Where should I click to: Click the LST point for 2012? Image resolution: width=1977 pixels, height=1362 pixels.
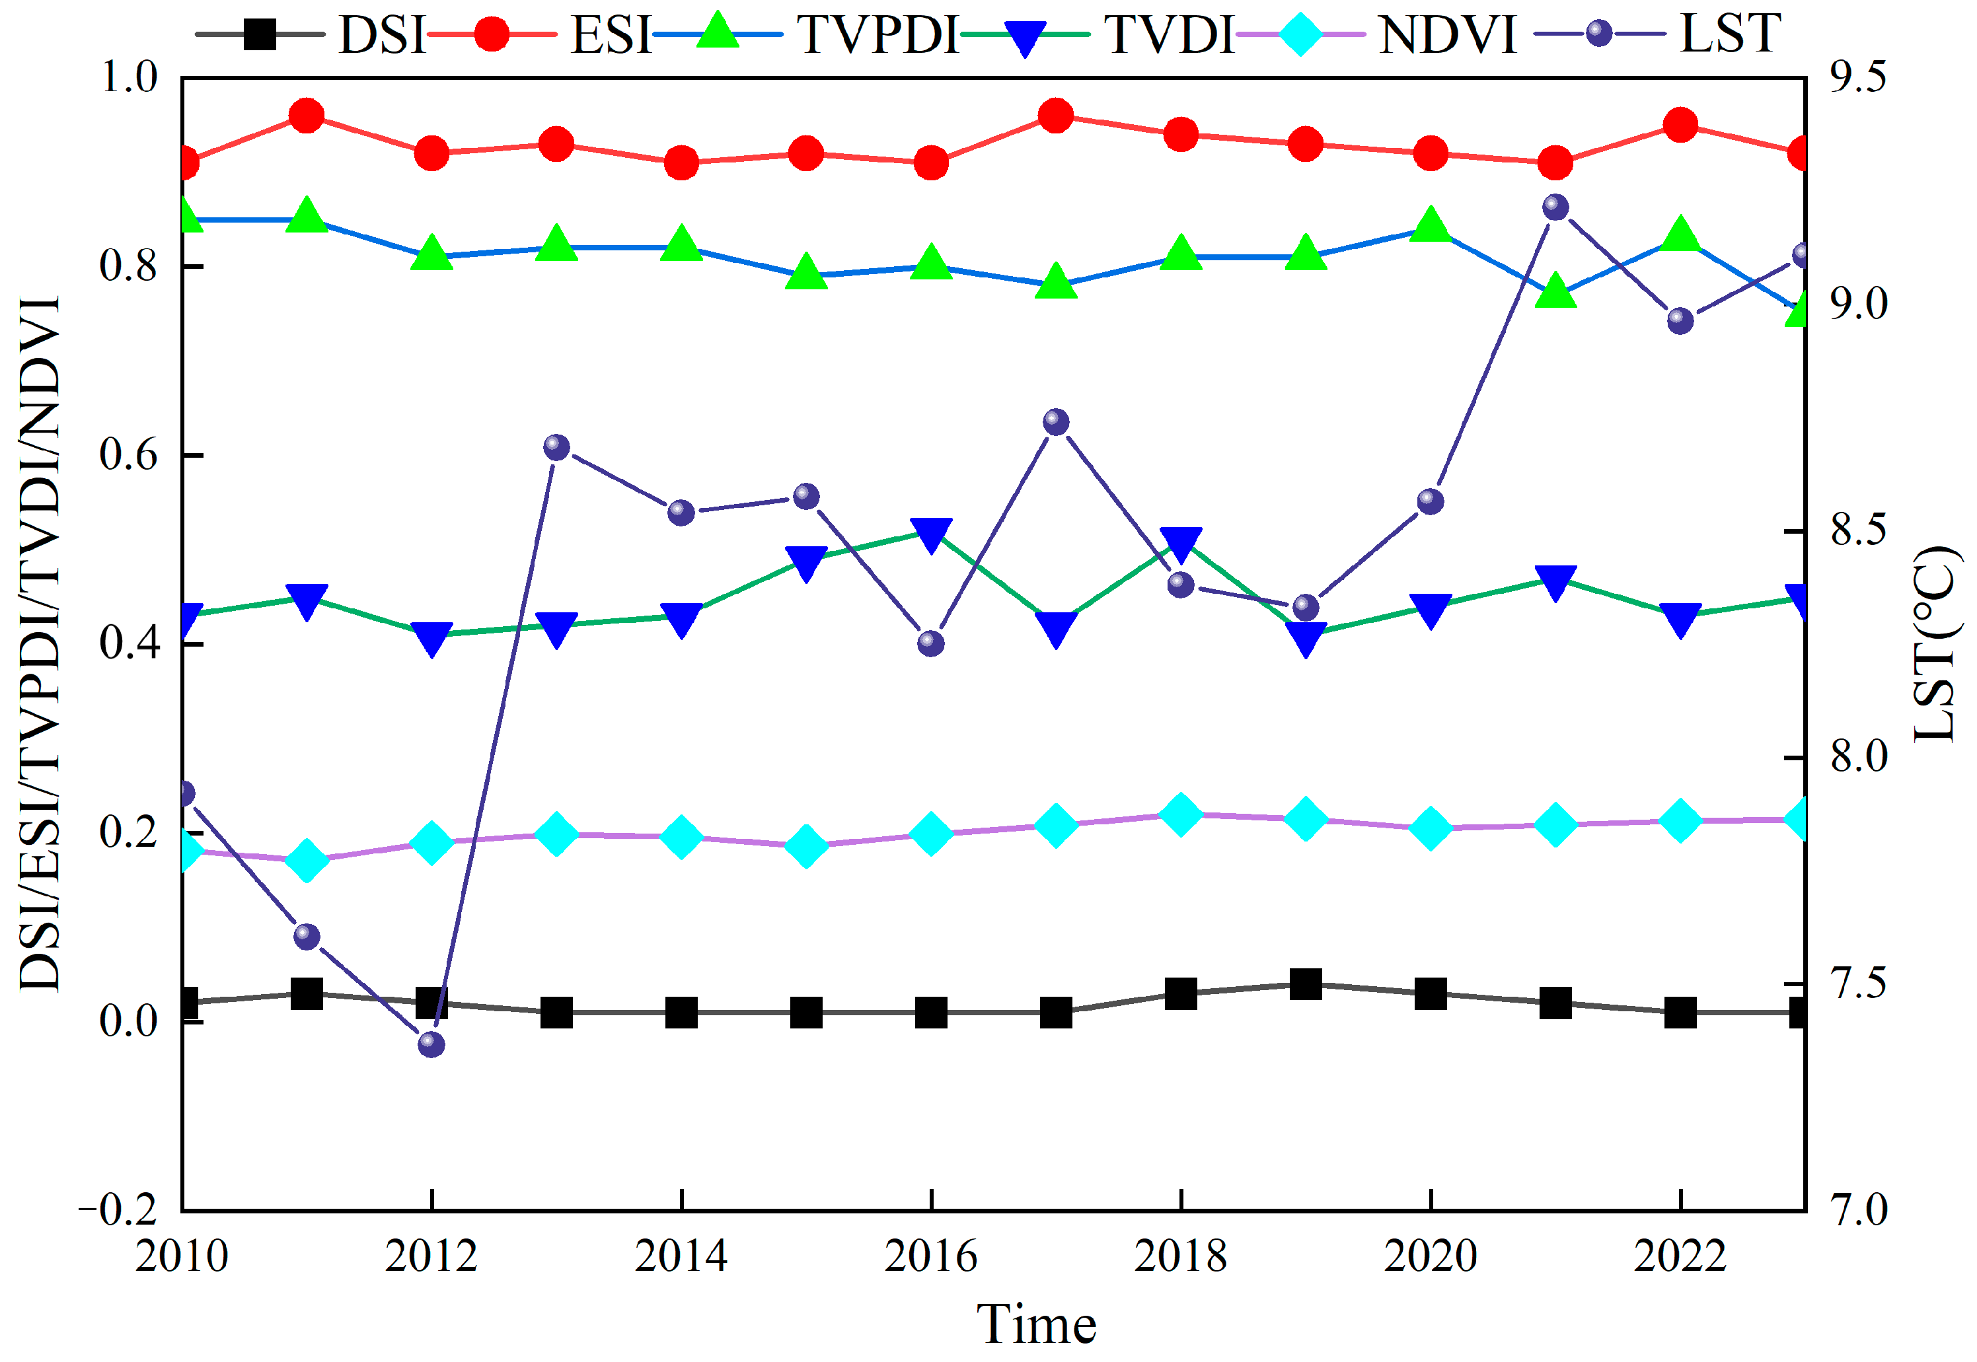432,1044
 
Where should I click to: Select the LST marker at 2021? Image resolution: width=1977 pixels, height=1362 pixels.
1556,207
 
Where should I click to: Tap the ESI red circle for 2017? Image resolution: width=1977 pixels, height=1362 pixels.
1057,116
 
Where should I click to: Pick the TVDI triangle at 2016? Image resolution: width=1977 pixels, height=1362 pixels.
931,535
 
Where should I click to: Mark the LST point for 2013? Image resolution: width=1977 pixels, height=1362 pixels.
556,447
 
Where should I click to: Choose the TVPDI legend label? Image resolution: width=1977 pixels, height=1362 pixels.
878,35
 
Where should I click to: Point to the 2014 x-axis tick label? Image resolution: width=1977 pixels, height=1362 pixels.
681,1256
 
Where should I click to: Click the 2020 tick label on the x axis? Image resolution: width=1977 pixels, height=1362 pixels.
1431,1256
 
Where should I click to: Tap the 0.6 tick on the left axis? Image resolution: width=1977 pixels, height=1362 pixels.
129,455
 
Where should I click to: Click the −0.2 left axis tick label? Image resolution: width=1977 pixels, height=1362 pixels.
119,1210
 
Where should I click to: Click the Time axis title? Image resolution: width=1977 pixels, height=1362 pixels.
1036,1325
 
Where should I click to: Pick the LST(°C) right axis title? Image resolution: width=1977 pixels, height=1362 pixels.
1934,644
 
